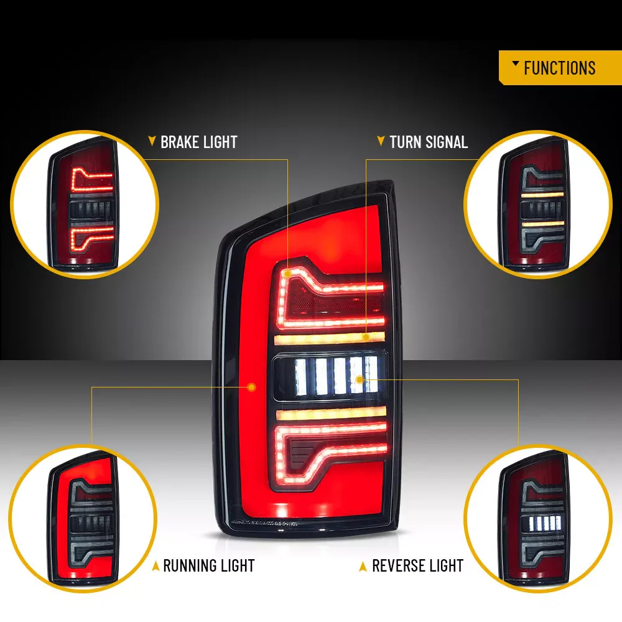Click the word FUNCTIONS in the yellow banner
(559, 68)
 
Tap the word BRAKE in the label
(179, 142)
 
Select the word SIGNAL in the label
(447, 142)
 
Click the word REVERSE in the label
(398, 565)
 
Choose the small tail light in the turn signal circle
(534, 203)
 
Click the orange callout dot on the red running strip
(251, 387)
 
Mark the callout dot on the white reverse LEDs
(360, 379)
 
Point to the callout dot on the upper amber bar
(366, 337)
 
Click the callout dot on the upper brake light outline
(287, 273)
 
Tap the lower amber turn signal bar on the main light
(331, 414)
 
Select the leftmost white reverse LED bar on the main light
(301, 377)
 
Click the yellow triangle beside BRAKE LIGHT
(152, 141)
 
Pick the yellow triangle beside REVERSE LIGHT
(363, 567)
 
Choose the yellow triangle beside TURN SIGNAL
(381, 141)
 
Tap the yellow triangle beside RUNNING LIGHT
(155, 566)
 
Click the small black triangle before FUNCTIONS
(516, 63)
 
